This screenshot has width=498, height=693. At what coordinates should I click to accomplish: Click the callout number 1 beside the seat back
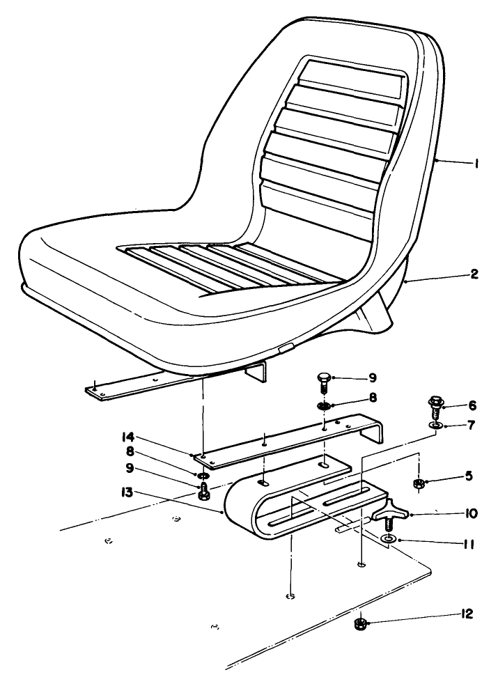click(476, 164)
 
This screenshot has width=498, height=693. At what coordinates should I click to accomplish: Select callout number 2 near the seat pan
click(474, 275)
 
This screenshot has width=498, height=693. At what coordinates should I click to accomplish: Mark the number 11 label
click(467, 540)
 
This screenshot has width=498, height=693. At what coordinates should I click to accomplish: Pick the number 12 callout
click(465, 614)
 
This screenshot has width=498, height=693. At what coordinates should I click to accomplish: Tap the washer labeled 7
click(435, 425)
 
